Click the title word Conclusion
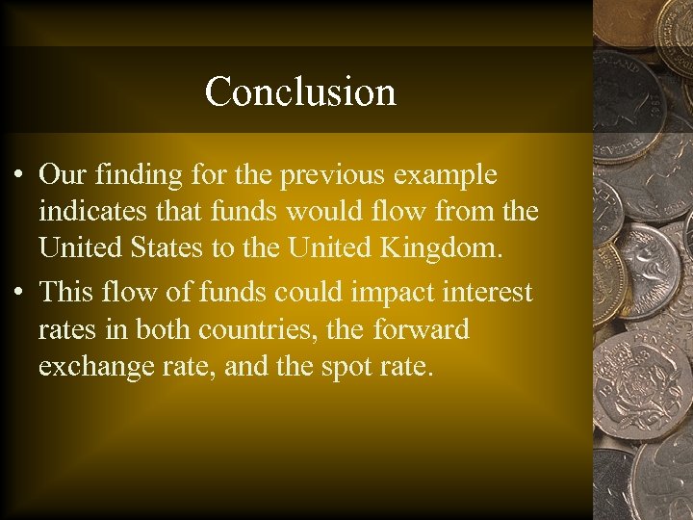click(300, 91)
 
